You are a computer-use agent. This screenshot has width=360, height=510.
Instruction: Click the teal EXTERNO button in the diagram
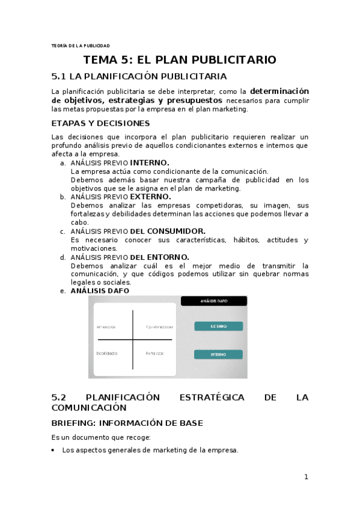[218, 326]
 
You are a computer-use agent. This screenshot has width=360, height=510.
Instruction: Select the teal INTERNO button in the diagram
[218, 354]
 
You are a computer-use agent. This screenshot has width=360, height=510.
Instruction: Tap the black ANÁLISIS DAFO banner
[213, 301]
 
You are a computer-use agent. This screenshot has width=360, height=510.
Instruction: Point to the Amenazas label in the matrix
[106, 327]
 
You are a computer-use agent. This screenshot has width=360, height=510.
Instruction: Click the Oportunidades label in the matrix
[159, 327]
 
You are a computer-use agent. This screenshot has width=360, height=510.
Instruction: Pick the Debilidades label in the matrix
[106, 353]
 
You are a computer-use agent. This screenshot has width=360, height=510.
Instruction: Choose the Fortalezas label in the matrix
[154, 353]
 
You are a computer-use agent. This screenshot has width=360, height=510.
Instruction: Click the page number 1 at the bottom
[306, 477]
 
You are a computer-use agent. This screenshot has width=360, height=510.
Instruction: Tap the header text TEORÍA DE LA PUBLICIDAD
[81, 45]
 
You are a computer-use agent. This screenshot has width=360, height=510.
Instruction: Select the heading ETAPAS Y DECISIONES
[100, 123]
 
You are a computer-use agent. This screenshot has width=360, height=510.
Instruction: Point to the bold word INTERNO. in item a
[150, 162]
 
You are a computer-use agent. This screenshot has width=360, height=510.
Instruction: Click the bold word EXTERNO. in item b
[150, 197]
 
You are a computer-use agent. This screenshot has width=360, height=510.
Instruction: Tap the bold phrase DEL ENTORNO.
[159, 257]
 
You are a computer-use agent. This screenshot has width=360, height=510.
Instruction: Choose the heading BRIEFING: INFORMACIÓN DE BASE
[127, 423]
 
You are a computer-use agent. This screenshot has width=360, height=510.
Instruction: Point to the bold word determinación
[279, 91]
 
